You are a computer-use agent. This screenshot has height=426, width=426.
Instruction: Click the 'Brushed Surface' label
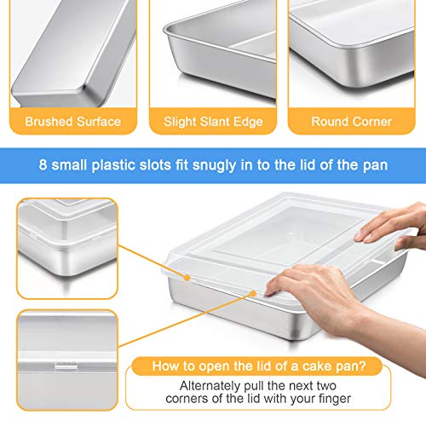72,121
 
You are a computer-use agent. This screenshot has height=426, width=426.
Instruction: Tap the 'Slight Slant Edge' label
212,121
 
